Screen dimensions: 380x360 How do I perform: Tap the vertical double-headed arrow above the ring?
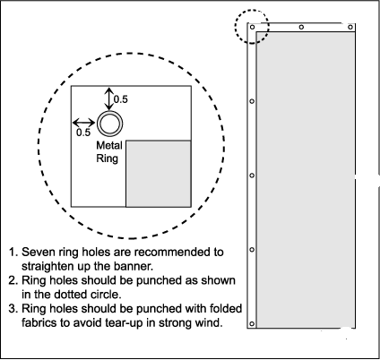click(x=109, y=99)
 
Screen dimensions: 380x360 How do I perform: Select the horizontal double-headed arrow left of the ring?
click(x=84, y=123)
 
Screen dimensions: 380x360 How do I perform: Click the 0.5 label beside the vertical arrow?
click(x=121, y=99)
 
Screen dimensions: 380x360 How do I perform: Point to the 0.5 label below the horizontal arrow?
click(x=83, y=133)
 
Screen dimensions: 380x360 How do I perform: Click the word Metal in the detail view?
click(x=109, y=145)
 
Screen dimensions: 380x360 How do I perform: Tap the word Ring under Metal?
click(x=108, y=159)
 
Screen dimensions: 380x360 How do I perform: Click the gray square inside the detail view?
click(x=159, y=174)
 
